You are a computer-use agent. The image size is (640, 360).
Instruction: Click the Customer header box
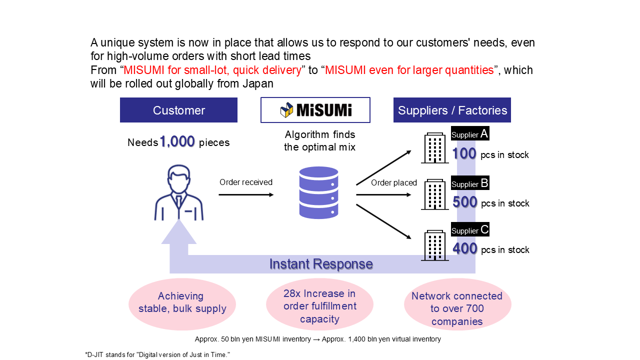(178, 110)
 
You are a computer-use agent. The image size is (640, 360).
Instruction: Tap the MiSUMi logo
(315, 110)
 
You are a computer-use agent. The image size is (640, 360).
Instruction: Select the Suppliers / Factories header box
(452, 110)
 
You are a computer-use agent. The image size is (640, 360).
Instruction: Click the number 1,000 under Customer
(177, 142)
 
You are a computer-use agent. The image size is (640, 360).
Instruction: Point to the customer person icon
(178, 194)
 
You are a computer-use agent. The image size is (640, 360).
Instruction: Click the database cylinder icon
(318, 192)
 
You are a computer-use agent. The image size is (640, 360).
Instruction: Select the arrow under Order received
(246, 194)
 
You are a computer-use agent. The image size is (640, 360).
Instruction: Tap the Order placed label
(394, 183)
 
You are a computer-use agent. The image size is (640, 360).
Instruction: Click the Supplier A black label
(470, 134)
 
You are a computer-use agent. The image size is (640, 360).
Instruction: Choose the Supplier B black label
(470, 183)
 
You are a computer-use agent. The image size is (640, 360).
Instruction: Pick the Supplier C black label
(470, 230)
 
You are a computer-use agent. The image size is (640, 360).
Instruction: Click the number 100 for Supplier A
(464, 154)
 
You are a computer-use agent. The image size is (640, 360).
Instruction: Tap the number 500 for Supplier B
(464, 202)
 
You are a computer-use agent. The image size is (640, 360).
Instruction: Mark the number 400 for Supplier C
(464, 248)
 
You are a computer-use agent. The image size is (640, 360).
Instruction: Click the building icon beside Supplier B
(434, 195)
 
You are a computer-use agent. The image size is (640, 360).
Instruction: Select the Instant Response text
(321, 264)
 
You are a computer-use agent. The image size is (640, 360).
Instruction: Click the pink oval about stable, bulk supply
(182, 303)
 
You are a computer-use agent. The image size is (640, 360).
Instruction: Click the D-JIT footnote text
(157, 354)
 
